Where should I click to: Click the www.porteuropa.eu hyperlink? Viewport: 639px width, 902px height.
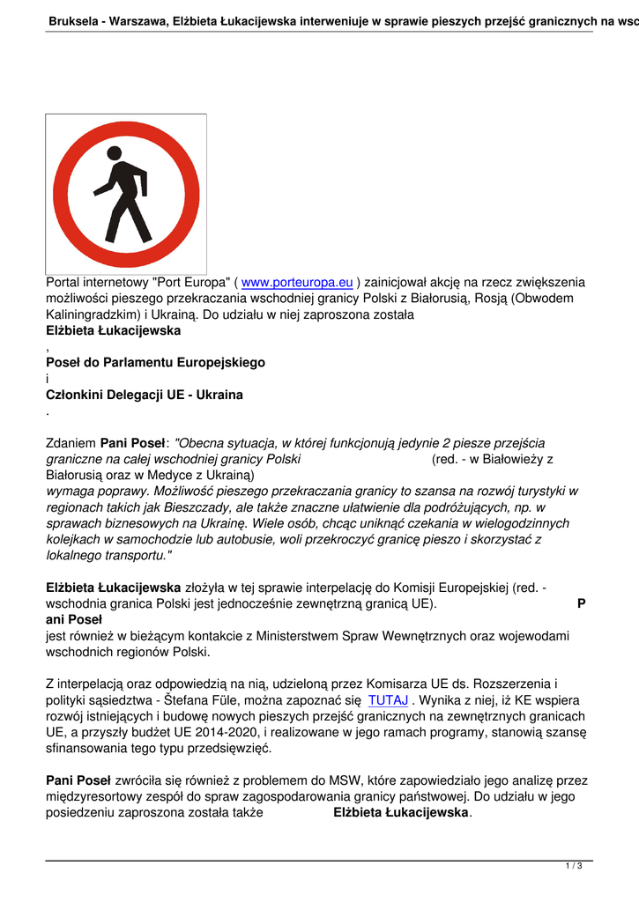pos(297,283)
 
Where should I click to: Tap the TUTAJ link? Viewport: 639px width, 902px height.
pos(388,700)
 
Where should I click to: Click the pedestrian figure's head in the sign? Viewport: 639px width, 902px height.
pos(115,153)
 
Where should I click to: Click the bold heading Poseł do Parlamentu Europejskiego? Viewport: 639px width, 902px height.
pos(155,362)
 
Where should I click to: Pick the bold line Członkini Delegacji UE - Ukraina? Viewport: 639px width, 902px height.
pos(144,395)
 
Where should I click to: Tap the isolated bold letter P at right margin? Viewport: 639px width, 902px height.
pos(581,603)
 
